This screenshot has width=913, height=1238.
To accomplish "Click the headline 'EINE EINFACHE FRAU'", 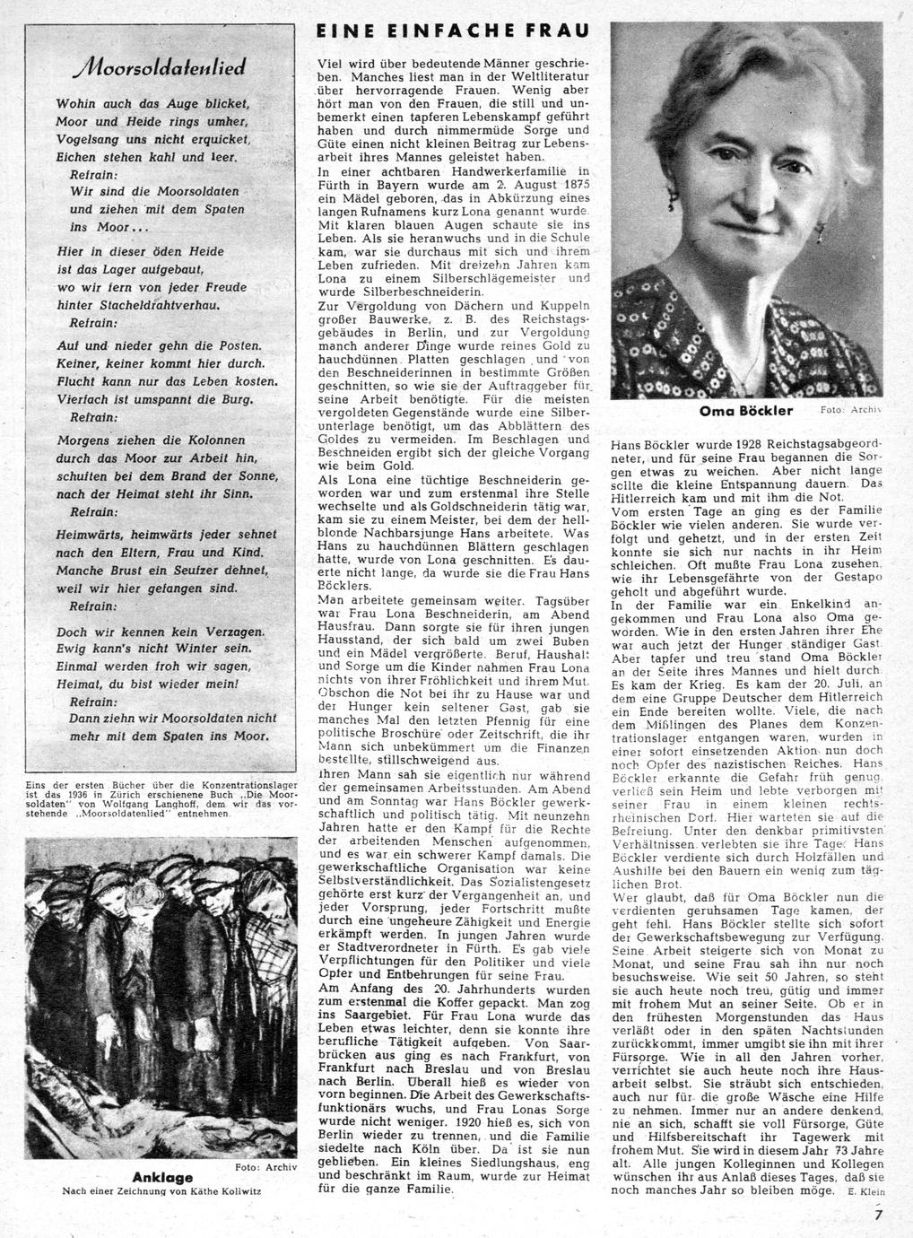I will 454,31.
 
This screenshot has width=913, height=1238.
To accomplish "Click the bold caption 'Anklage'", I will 162,1176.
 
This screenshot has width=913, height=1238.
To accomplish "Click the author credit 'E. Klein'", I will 865,1191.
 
